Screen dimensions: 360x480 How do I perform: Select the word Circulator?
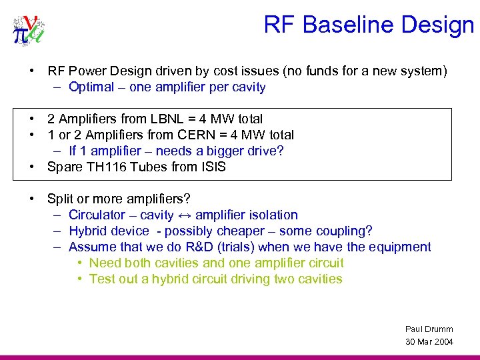point(97,215)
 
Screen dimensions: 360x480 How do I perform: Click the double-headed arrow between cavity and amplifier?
point(184,215)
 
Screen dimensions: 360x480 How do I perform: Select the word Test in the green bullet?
point(102,279)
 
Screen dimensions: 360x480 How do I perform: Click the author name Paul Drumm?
point(429,329)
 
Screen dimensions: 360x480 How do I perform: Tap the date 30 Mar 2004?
point(429,342)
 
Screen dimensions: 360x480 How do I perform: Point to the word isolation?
point(273,215)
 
